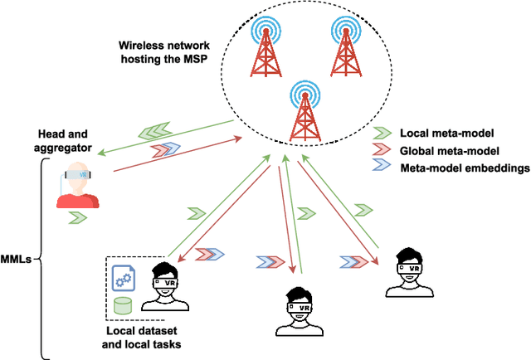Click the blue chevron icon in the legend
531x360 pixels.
[382, 169]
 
